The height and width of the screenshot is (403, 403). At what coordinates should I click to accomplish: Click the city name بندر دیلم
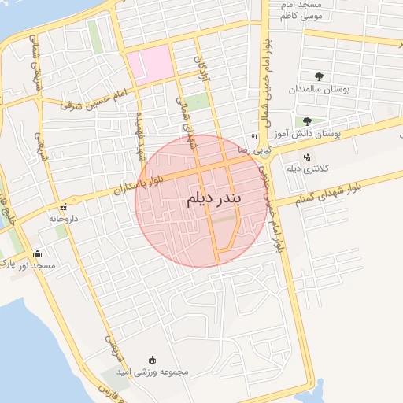tap(213, 200)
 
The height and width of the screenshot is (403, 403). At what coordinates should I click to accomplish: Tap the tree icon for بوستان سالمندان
tap(319, 76)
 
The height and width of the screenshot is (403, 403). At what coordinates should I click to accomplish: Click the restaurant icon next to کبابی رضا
tap(254, 136)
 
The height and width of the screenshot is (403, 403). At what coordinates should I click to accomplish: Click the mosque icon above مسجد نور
tap(37, 253)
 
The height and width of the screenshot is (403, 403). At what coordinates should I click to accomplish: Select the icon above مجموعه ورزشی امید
tap(152, 359)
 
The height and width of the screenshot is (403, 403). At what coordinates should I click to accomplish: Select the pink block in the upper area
tap(150, 65)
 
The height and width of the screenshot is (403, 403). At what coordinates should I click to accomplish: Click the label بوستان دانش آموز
tap(325, 135)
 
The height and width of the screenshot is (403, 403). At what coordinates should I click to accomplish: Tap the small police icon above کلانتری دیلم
tap(306, 155)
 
